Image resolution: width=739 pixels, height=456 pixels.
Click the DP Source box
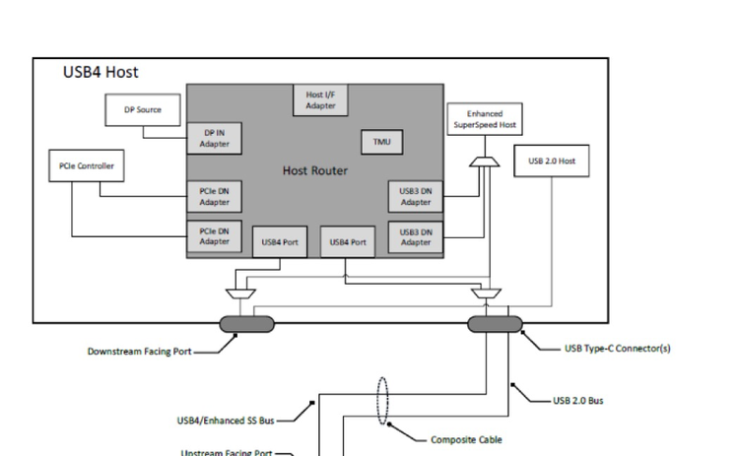click(142, 109)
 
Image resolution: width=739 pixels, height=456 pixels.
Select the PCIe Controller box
click(86, 165)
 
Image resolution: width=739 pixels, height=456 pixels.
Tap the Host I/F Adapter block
click(318, 99)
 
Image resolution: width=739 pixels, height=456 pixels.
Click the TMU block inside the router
click(381, 142)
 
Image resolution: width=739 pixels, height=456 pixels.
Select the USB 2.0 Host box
click(551, 161)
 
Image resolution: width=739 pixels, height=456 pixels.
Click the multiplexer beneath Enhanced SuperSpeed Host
click(482, 161)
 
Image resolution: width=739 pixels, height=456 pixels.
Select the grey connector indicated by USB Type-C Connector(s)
click(494, 324)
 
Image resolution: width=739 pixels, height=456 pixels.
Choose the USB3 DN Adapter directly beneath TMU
click(415, 197)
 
